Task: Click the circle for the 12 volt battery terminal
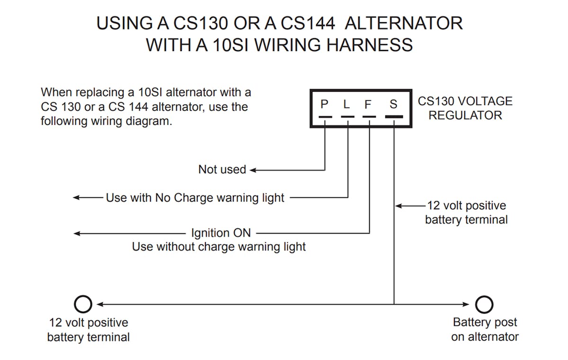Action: pos(83,304)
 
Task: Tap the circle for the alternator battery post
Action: pos(484,304)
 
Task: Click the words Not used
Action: pos(222,169)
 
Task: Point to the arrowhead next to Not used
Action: pos(253,169)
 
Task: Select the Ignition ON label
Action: pos(221,233)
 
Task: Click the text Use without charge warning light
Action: pos(219,246)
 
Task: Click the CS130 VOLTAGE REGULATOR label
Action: pos(465,108)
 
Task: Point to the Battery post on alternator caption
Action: pos(485,330)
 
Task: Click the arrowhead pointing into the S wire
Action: pos(398,206)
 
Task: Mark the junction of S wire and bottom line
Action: pos(394,304)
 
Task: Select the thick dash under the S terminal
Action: pos(394,116)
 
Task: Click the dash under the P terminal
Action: pos(325,116)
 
